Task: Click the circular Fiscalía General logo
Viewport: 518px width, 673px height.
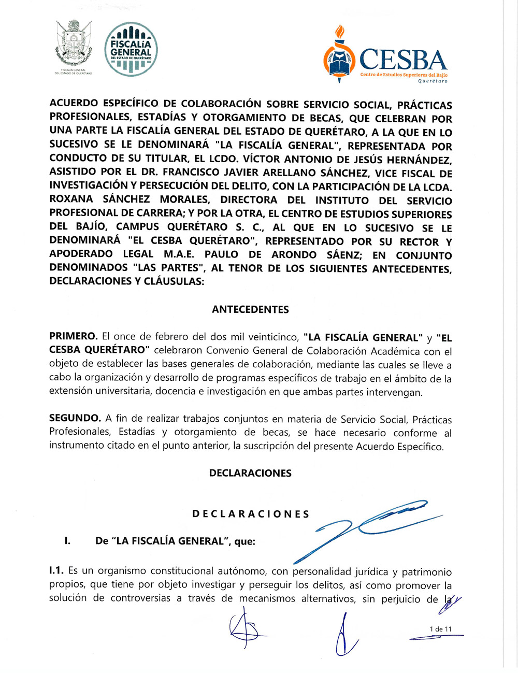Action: [131, 50]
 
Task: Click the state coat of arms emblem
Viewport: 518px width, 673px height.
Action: [74, 45]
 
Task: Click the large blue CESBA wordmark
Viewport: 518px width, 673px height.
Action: [402, 60]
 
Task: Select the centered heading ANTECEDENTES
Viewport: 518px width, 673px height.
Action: [250, 310]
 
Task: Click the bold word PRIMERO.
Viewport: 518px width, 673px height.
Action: [73, 336]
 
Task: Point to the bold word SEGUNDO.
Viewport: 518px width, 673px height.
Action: [75, 418]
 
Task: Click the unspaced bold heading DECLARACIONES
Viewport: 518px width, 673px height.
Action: [250, 473]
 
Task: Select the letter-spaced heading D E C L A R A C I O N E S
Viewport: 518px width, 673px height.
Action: [251, 514]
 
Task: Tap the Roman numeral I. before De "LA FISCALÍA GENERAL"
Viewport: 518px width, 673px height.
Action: [67, 541]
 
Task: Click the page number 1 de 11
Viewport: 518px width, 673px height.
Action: [440, 629]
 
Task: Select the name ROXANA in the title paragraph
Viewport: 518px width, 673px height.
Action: [71, 199]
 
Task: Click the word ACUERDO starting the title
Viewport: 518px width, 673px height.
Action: [74, 104]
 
